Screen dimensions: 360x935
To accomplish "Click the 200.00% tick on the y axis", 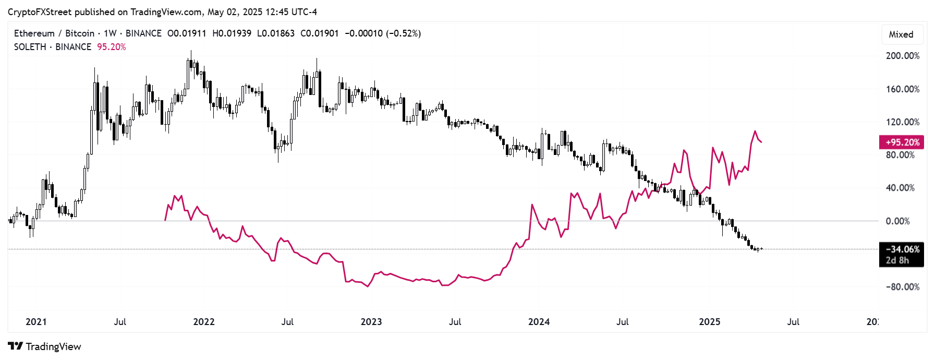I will [x=902, y=56].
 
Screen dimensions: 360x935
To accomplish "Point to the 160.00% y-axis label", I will [x=902, y=89].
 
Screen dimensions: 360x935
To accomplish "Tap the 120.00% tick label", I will [x=902, y=122].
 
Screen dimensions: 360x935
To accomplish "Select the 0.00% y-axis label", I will [x=897, y=221].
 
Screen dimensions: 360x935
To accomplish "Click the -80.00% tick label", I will [x=902, y=287].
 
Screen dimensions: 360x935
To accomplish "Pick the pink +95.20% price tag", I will [x=902, y=142].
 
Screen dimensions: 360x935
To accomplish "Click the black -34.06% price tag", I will [x=902, y=249].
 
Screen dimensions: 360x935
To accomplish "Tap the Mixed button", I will [x=901, y=34].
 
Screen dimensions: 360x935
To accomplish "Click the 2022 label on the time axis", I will [x=204, y=322].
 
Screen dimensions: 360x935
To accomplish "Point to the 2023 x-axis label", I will [x=371, y=322].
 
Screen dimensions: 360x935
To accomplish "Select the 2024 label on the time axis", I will [x=539, y=322].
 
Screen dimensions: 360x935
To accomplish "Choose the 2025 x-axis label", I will [x=709, y=322].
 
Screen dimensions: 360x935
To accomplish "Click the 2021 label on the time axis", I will [x=36, y=322].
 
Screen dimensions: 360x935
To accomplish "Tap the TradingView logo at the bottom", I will [x=45, y=346].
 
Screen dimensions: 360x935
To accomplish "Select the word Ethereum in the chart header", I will [x=34, y=33].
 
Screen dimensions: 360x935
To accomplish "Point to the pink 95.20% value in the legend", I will [x=112, y=47].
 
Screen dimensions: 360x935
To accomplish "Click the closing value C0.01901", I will [x=319, y=33].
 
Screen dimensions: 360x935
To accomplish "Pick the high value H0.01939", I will [x=232, y=33].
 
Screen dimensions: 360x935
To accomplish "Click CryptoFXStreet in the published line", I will [x=39, y=12].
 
